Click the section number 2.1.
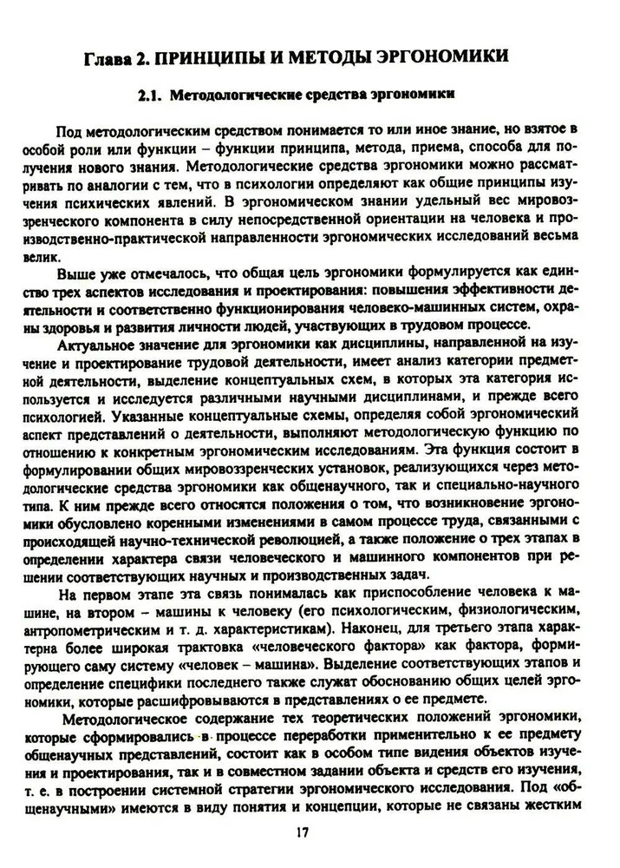[153, 95]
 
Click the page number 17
[302, 832]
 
